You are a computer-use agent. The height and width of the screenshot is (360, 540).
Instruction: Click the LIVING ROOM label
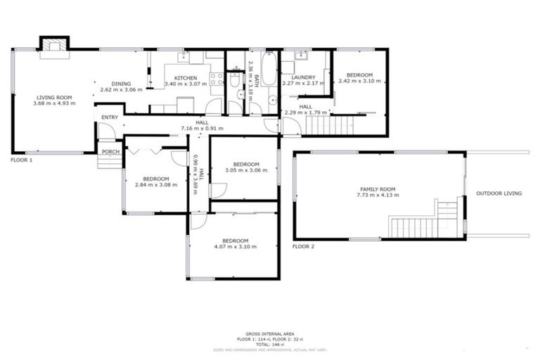point(54,97)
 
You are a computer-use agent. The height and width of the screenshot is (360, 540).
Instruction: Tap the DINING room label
point(121,83)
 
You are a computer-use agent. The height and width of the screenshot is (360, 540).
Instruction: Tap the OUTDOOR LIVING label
point(499,193)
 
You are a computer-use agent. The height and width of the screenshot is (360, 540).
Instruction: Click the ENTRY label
point(110,117)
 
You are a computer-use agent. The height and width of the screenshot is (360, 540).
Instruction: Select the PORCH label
point(110,151)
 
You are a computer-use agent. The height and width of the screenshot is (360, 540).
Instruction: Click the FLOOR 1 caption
point(21,160)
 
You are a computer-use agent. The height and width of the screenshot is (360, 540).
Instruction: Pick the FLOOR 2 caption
point(304,247)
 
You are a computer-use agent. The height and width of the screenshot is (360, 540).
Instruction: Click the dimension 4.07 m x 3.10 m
point(235,247)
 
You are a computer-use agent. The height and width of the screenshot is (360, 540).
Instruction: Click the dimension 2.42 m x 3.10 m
point(359,81)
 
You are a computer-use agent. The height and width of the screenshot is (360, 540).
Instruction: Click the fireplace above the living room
point(53,45)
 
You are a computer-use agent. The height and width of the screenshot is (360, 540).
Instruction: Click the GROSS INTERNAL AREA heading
point(269,335)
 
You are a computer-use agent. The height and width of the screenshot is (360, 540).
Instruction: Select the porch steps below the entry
point(110,162)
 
